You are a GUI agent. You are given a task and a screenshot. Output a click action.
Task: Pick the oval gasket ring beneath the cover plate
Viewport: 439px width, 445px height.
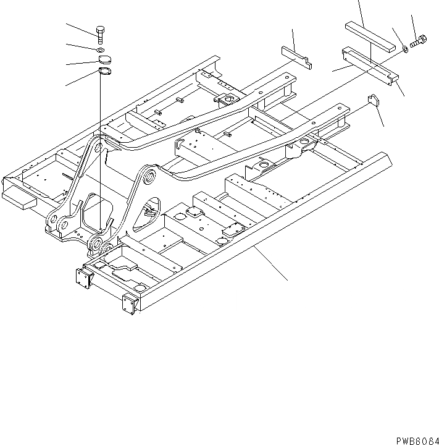102,73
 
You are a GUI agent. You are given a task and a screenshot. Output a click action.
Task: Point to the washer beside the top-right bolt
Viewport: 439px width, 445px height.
405,48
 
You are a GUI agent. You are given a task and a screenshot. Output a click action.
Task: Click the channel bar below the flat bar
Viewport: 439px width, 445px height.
371,66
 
